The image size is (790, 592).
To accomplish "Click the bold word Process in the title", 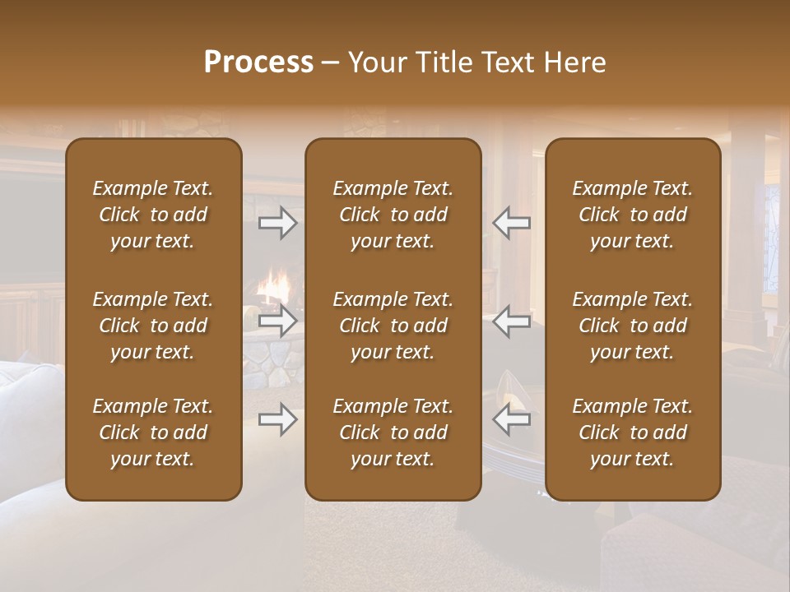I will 258,62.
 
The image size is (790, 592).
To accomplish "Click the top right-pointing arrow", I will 278,223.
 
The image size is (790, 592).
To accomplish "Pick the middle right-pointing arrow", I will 278,321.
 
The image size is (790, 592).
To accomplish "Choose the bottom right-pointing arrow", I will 278,420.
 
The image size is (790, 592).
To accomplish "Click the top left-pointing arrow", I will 511,223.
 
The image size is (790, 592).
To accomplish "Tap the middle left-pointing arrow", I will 511,321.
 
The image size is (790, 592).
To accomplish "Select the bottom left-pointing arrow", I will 511,420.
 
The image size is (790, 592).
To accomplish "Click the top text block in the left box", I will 153,215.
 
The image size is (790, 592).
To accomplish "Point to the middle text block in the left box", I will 153,326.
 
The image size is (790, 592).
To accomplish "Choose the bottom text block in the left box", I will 153,432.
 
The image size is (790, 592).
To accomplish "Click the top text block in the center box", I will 393,215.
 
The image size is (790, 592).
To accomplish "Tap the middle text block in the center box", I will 393,326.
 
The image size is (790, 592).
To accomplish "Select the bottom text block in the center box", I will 393,432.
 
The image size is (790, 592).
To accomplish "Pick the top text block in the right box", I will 633,215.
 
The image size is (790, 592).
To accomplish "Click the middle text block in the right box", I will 633,326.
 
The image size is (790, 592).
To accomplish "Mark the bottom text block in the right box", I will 633,432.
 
